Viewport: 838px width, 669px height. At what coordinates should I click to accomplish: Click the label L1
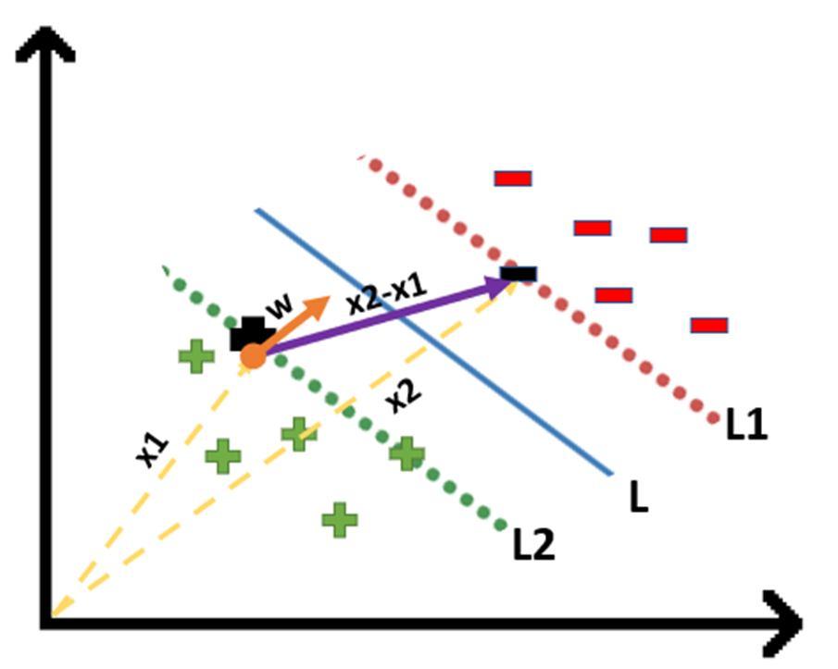[x=746, y=425]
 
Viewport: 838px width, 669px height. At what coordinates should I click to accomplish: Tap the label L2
[x=533, y=545]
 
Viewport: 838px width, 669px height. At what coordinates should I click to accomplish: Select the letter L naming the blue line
[x=638, y=498]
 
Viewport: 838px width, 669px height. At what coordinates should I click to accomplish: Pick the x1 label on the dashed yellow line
[x=153, y=451]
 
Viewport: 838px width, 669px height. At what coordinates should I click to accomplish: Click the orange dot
[x=253, y=355]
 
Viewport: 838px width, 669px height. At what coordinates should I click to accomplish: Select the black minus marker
[x=519, y=273]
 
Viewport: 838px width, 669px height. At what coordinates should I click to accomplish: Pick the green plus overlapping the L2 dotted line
[x=406, y=453]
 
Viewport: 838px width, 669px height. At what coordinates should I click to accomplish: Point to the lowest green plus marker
[x=340, y=519]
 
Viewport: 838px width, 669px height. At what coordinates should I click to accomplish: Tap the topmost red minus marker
[x=512, y=178]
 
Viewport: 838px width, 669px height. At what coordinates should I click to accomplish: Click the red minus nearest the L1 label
[x=708, y=325]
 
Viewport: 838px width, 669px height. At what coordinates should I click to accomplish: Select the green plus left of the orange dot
[x=196, y=356]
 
